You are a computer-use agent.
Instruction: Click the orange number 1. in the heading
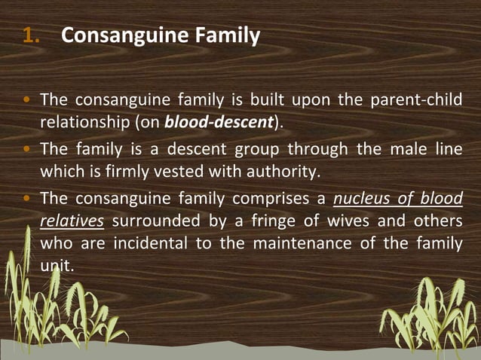34,35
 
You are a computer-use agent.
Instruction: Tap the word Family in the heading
232,35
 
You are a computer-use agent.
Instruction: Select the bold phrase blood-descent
219,121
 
